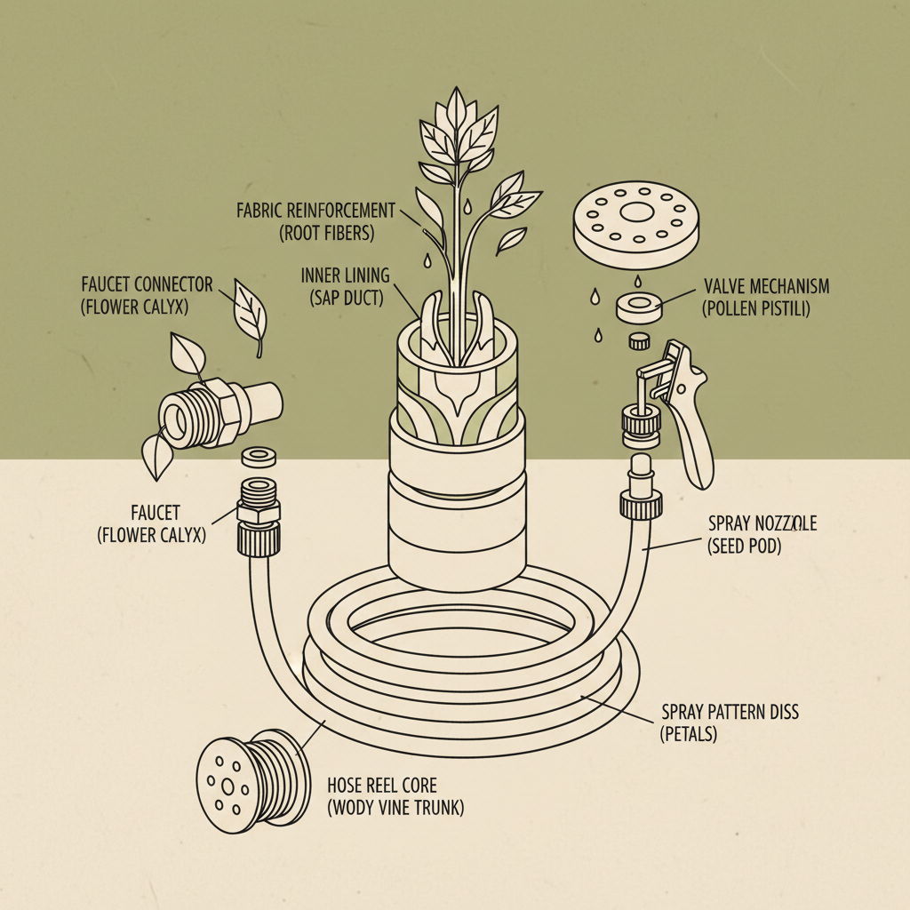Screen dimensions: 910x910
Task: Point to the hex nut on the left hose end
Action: tap(258, 512)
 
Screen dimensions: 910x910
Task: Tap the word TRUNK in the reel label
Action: tap(439, 808)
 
